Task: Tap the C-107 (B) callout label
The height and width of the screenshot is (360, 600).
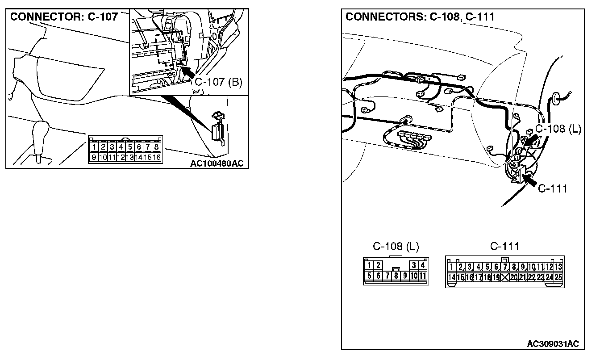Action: point(218,83)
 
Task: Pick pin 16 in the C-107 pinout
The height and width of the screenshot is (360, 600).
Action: point(156,157)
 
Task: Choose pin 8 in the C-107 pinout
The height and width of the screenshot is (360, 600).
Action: point(156,147)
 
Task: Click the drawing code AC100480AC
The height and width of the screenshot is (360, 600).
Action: point(217,163)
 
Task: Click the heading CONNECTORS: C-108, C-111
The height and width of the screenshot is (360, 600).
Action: point(420,17)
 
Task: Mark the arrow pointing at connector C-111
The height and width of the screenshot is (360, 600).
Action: point(529,180)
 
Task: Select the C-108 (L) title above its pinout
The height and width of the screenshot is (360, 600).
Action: point(396,246)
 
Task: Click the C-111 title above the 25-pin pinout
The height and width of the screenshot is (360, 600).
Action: point(504,246)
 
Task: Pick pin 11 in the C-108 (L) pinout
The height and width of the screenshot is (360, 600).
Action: point(423,276)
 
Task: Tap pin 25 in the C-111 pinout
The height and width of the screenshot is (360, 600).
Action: point(558,277)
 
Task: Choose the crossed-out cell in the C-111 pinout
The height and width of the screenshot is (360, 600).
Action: point(505,277)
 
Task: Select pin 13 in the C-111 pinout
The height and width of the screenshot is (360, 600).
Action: point(558,267)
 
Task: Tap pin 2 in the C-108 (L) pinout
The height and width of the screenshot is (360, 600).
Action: point(378,265)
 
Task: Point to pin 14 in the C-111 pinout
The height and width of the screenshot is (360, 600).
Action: point(451,277)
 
